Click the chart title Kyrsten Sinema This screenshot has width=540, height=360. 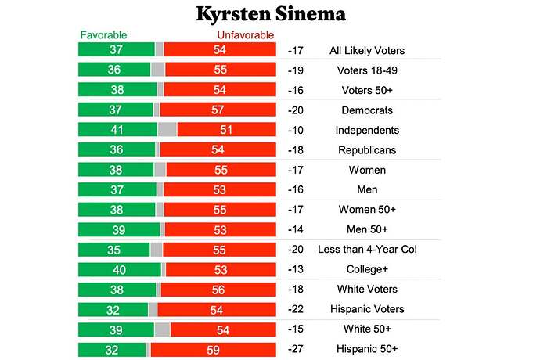click(x=269, y=15)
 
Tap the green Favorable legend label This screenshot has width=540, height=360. click(x=103, y=35)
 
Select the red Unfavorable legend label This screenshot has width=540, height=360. click(x=245, y=35)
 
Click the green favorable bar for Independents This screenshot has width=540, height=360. click(x=117, y=130)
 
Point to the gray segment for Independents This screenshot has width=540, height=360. click(x=167, y=130)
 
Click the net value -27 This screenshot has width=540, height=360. click(x=297, y=349)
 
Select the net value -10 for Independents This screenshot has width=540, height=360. click(x=297, y=130)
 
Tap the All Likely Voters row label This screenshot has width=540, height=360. click(x=367, y=51)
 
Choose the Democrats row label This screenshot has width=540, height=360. click(x=367, y=110)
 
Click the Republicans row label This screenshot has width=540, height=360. click(x=367, y=150)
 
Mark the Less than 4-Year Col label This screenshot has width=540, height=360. click(x=367, y=250)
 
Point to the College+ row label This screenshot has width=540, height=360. click(x=367, y=269)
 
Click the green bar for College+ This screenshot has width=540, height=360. click(x=120, y=269)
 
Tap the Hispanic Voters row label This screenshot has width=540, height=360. click(x=367, y=309)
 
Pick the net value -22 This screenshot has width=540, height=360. click(x=297, y=309)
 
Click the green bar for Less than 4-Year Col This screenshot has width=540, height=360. click(x=114, y=250)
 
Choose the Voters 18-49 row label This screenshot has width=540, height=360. click(x=367, y=70)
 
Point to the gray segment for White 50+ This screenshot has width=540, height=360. click(x=162, y=329)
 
